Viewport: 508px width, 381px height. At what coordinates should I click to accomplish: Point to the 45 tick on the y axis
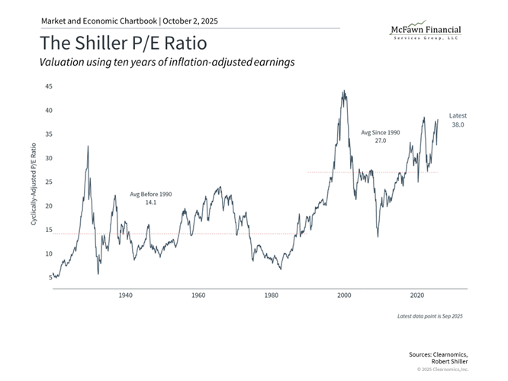pos(48,86)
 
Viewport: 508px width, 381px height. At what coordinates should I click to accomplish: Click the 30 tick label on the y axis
pos(48,158)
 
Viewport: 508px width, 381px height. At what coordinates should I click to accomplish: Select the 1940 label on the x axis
pos(125,295)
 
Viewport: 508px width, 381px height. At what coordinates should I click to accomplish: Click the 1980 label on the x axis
pos(272,295)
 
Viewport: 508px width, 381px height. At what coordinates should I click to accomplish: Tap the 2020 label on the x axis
pos(418,295)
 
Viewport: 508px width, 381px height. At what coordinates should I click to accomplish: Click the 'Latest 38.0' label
pos(457,119)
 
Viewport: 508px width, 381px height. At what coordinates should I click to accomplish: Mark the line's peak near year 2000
pos(344,92)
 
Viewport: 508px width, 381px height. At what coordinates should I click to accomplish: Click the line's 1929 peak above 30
pos(88,146)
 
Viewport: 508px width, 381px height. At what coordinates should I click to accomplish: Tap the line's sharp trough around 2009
pos(378,236)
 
